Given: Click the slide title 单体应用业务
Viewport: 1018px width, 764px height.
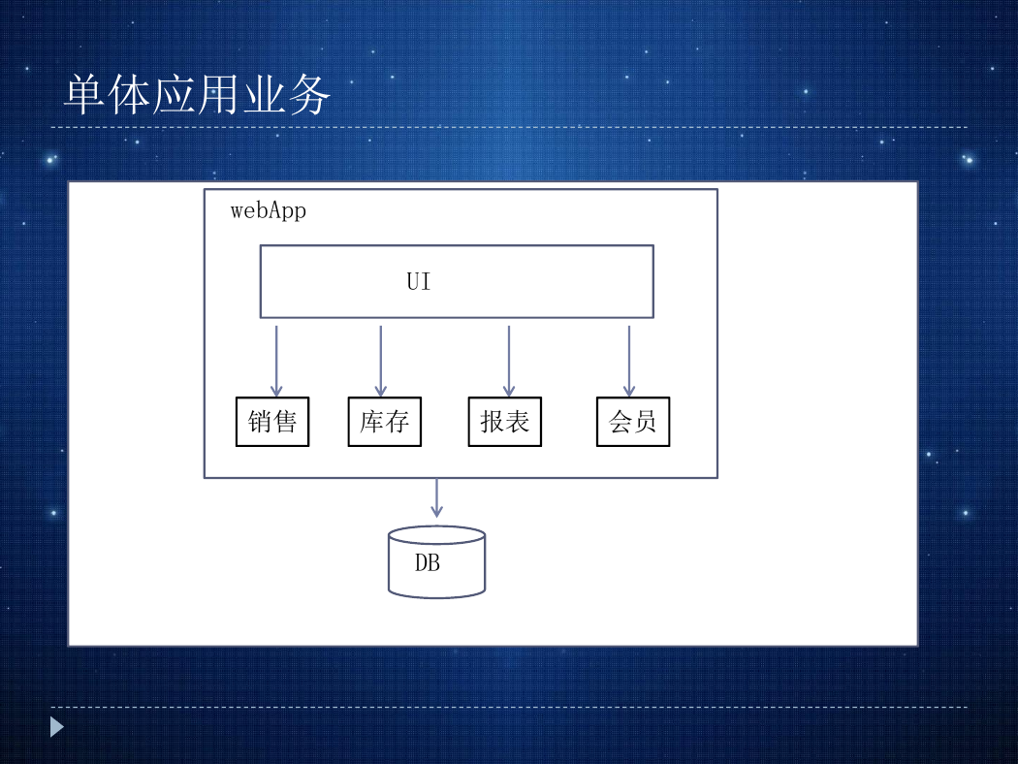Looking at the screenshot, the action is click(198, 95).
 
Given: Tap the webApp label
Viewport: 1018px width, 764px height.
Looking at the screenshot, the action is click(269, 211).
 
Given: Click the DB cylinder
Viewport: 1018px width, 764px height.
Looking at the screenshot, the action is click(437, 562).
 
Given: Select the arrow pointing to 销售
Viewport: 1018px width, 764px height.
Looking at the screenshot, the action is click(276, 361).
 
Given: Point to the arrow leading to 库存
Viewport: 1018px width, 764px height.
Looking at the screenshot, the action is click(381, 361).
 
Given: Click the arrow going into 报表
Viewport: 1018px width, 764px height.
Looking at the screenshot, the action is click(509, 361).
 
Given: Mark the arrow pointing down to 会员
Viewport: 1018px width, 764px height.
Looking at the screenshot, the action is click(629, 361).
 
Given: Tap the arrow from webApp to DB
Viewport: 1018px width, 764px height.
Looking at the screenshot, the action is click(437, 498).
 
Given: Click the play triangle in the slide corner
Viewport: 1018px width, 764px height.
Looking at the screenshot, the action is click(57, 727).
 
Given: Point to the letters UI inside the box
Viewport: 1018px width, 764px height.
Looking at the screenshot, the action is click(419, 282).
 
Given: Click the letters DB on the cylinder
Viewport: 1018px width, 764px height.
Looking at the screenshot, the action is click(428, 562).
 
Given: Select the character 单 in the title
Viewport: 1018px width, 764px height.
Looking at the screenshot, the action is click(85, 95).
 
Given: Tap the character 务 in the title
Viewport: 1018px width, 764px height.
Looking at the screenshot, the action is click(309, 95).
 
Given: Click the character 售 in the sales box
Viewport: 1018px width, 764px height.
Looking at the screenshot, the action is click(285, 422).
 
